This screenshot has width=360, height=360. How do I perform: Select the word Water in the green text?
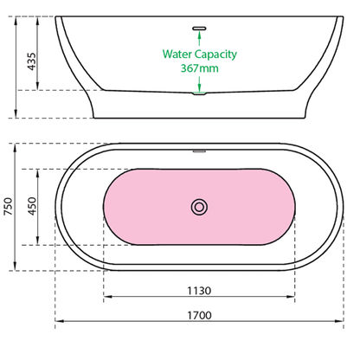click(x=180, y=53)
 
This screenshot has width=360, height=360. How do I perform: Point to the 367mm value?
click(x=200, y=67)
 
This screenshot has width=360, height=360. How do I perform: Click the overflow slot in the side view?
click(x=200, y=28)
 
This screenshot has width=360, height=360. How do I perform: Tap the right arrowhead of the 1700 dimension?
click(x=339, y=325)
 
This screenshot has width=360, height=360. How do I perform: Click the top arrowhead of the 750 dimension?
click(x=16, y=146)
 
